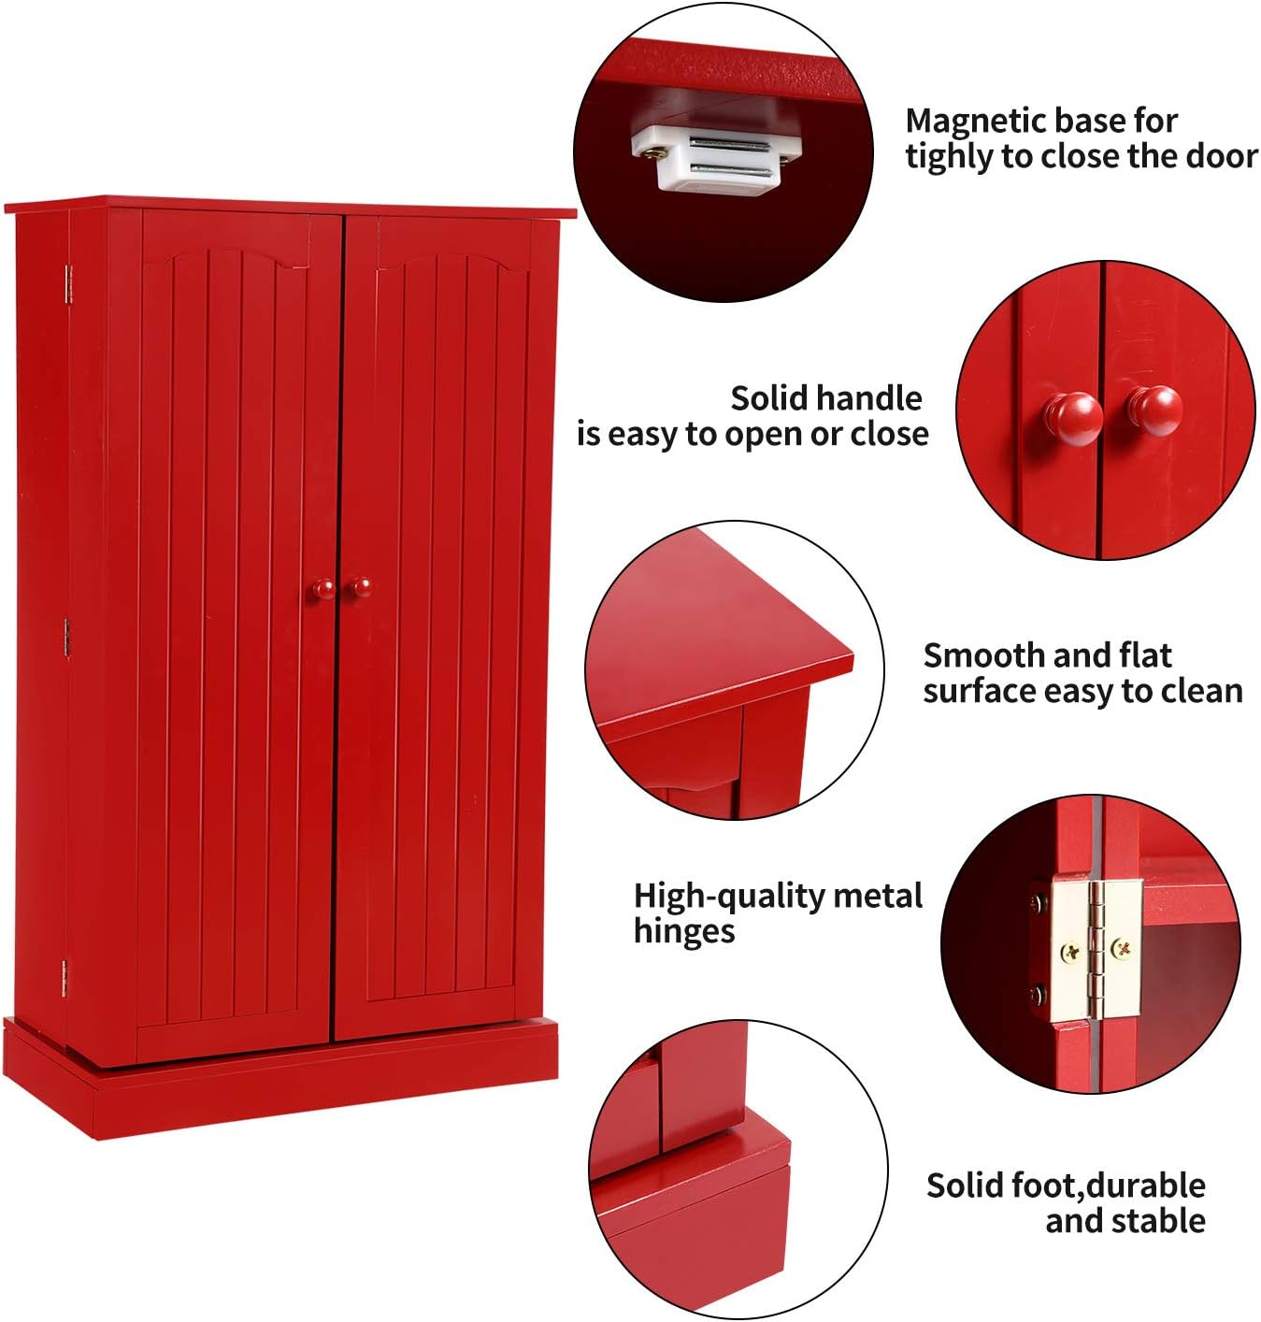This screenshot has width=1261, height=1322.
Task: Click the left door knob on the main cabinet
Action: click(x=323, y=589)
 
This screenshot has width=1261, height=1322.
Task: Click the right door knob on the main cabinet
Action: click(x=359, y=587)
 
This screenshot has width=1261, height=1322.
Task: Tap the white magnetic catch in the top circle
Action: click(x=716, y=156)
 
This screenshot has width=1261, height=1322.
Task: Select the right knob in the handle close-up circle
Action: click(x=1155, y=410)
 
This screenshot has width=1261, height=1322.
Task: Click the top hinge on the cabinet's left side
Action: click(x=68, y=284)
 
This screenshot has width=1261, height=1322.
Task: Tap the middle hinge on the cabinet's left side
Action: click(x=67, y=636)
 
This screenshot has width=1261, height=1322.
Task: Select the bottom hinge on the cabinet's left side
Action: click(x=64, y=978)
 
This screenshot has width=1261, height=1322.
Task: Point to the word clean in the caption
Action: click(x=1201, y=691)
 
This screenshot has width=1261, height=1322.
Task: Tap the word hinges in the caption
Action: click(x=684, y=932)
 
